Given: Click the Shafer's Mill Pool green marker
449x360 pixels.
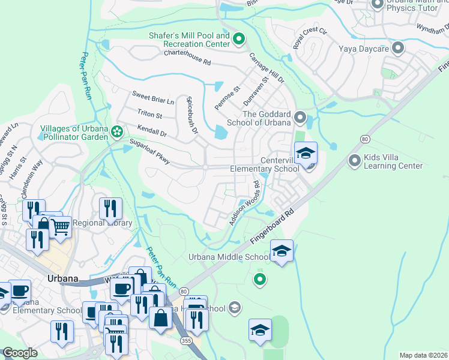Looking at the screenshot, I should pos(238,40).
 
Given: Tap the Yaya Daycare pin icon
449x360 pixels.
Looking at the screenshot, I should pos(397,47).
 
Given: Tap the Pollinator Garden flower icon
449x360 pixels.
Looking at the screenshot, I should pos(118,130).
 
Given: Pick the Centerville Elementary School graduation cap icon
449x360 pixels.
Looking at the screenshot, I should pos(306,153).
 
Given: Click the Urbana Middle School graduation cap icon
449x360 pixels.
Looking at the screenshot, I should pos(281,250).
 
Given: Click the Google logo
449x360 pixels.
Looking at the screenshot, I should pos(20,353).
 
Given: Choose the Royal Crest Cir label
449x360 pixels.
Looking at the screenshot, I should pos(309,38).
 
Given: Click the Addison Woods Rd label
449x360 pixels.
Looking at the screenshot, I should pos(244,205).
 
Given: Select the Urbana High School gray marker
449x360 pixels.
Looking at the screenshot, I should pos(235,308).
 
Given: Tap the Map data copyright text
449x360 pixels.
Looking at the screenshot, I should pos(424,355).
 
